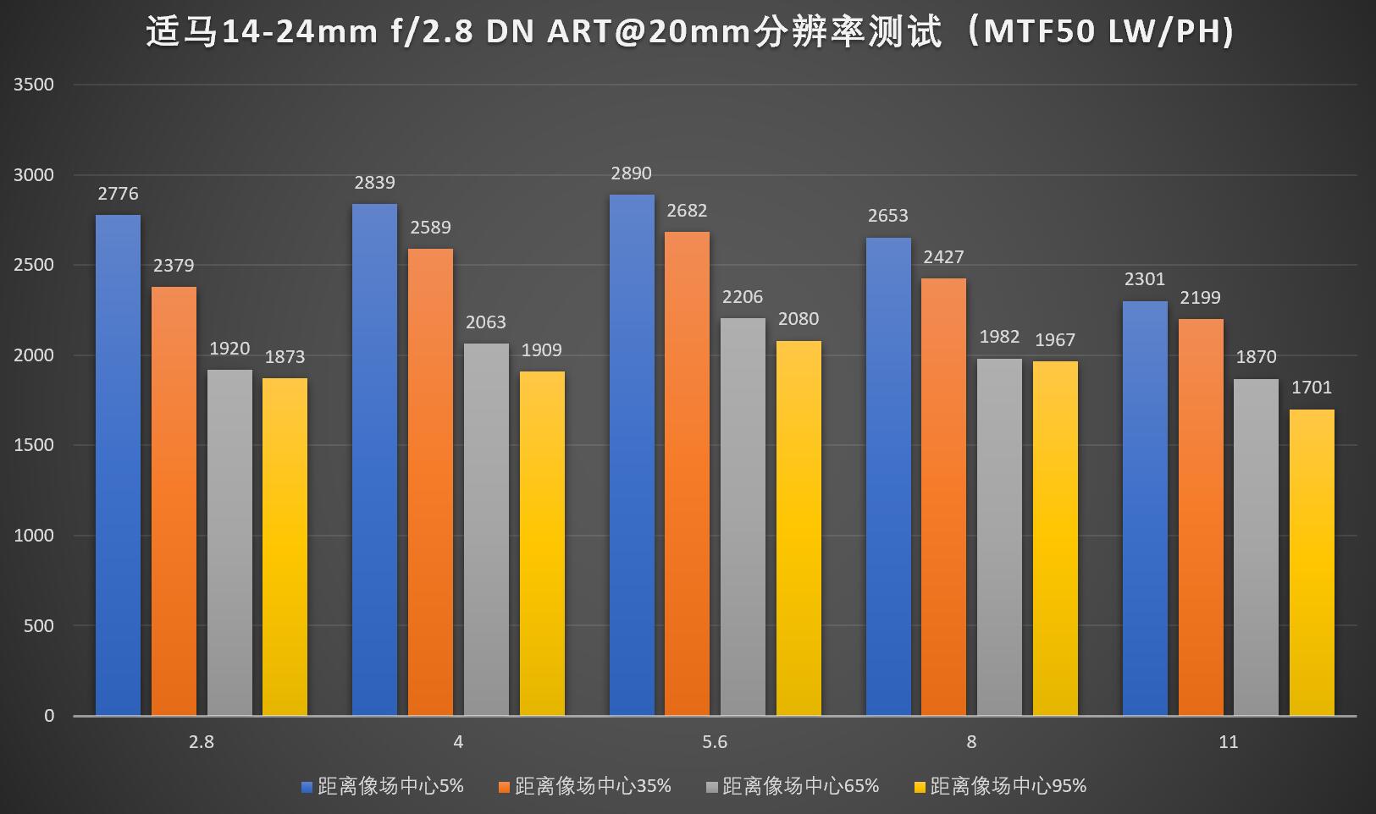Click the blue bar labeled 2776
click(118, 465)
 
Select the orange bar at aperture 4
click(430, 482)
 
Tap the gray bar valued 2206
click(743, 516)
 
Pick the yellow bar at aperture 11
click(1312, 563)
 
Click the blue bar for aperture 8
click(888, 476)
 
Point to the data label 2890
click(631, 173)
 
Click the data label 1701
click(1312, 388)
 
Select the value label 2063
click(486, 322)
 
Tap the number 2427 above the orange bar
click(943, 257)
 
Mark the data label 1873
click(285, 357)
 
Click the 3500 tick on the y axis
click(34, 85)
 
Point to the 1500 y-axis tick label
click(34, 445)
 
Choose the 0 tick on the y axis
click(49, 716)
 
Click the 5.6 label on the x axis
click(715, 742)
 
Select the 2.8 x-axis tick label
click(202, 742)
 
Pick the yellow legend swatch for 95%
click(920, 787)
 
